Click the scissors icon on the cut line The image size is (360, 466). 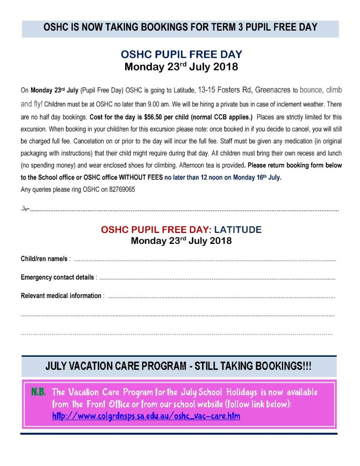(x=25, y=209)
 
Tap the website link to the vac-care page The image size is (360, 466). (x=146, y=416)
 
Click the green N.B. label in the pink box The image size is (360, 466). (x=38, y=392)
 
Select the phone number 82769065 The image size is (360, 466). (x=122, y=188)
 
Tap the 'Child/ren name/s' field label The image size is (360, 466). (x=45, y=259)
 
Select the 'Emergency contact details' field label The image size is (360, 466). (x=57, y=277)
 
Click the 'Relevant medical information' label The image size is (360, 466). (x=61, y=296)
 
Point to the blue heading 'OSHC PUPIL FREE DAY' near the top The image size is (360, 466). (x=181, y=55)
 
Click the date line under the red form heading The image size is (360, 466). (x=181, y=241)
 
